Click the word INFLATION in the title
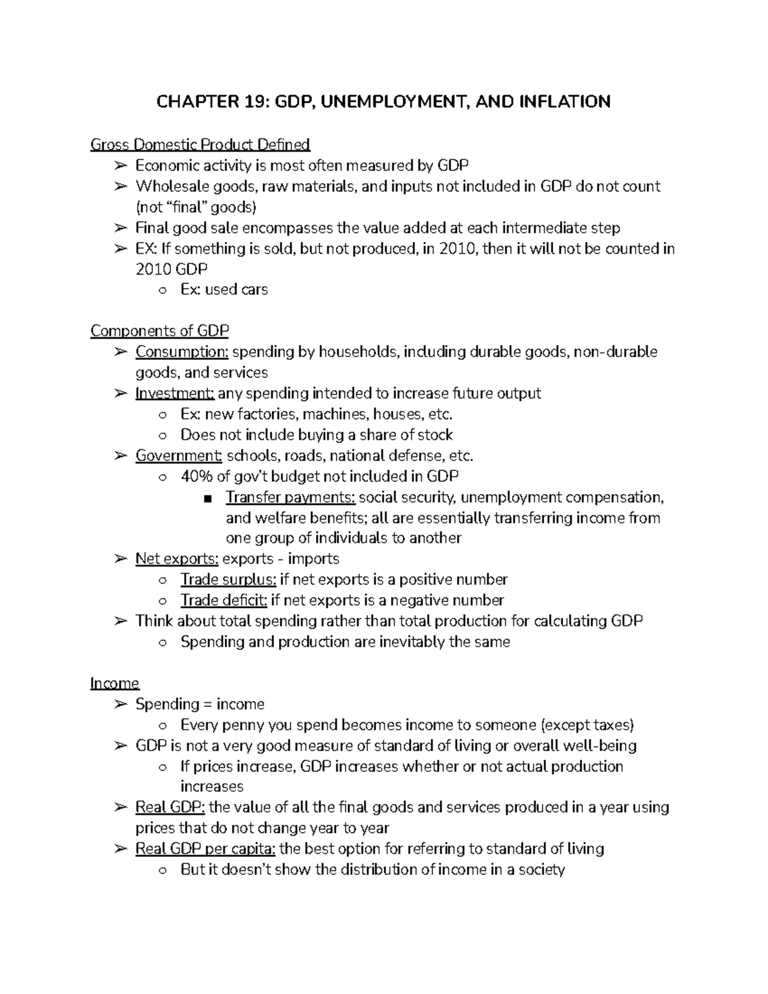[566, 101]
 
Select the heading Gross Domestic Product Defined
[200, 145]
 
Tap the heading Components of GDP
[159, 331]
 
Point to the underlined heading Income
[115, 684]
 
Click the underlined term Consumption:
[182, 352]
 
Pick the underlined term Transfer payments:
[291, 497]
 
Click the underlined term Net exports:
[177, 559]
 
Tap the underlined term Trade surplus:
[228, 580]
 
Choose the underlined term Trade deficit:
[223, 600]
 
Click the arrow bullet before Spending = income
[120, 705]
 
